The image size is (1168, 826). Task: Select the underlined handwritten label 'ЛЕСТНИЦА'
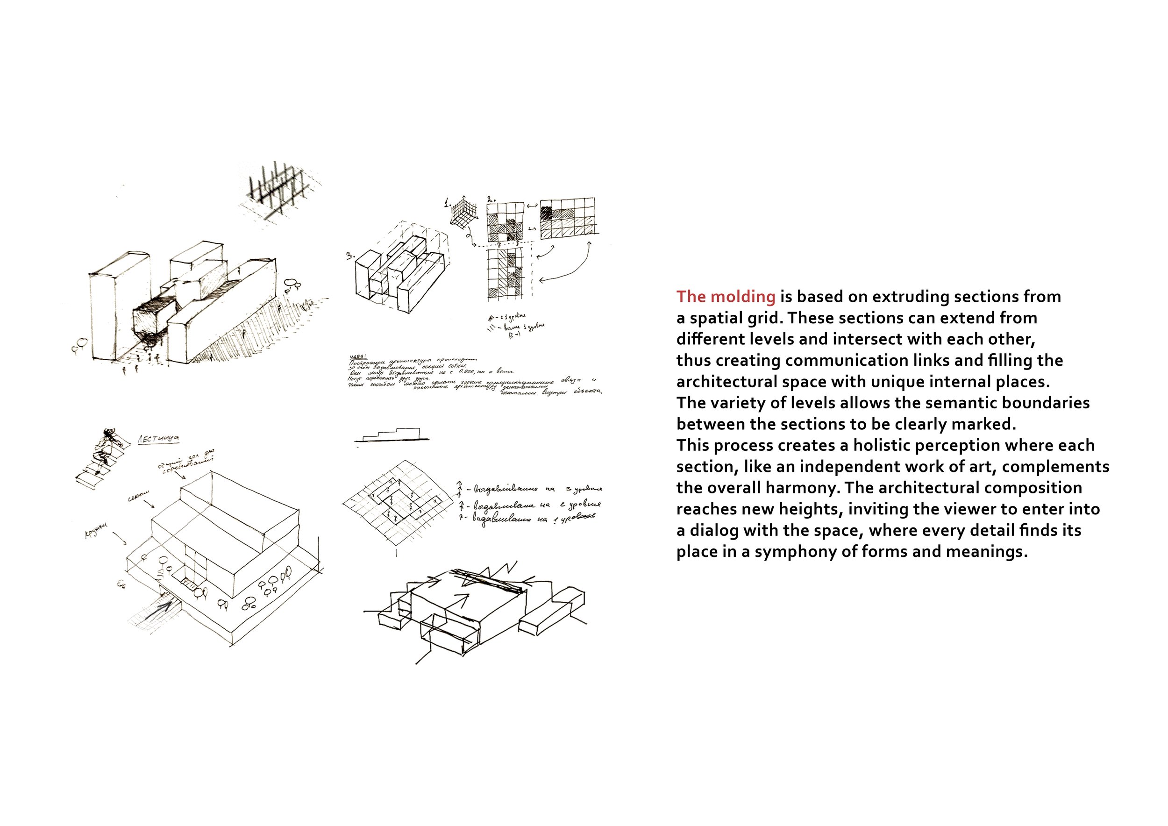(158, 438)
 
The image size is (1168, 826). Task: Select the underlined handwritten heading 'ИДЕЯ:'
(359, 356)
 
